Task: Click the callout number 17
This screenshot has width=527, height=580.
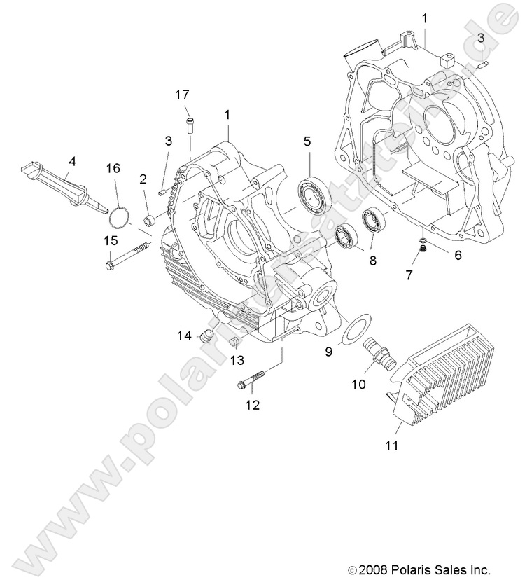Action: pyautogui.click(x=182, y=95)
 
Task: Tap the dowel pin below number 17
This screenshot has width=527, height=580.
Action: pyautogui.click(x=189, y=125)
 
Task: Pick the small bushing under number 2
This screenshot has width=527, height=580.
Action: pyautogui.click(x=149, y=223)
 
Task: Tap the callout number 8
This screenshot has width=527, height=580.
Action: pyautogui.click(x=372, y=260)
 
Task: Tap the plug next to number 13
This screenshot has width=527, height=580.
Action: pyautogui.click(x=234, y=342)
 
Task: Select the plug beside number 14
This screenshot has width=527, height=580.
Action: pyautogui.click(x=205, y=336)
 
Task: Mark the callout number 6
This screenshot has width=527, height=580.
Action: pyautogui.click(x=458, y=256)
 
